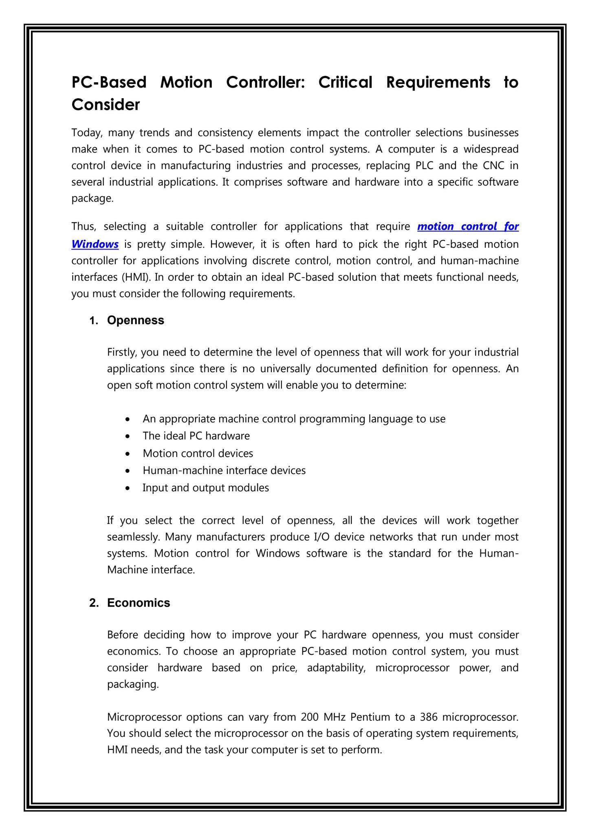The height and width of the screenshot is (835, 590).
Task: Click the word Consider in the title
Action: (x=106, y=105)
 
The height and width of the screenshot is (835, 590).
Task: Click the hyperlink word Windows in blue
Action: (x=95, y=244)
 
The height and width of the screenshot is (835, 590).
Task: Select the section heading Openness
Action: (x=135, y=320)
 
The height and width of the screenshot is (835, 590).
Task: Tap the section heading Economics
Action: (x=139, y=603)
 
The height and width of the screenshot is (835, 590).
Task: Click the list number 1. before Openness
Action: (x=94, y=320)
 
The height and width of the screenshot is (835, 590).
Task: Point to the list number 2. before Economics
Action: (x=94, y=603)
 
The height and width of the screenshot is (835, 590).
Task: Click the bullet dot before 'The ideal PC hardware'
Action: (x=128, y=436)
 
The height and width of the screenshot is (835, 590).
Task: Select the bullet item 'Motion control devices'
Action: (x=198, y=453)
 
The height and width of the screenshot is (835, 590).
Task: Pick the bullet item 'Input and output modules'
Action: (x=205, y=488)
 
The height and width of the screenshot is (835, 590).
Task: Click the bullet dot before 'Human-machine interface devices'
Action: (x=128, y=471)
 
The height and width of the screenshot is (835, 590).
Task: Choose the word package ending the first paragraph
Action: (x=92, y=199)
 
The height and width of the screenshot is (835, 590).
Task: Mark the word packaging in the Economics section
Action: (x=132, y=685)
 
